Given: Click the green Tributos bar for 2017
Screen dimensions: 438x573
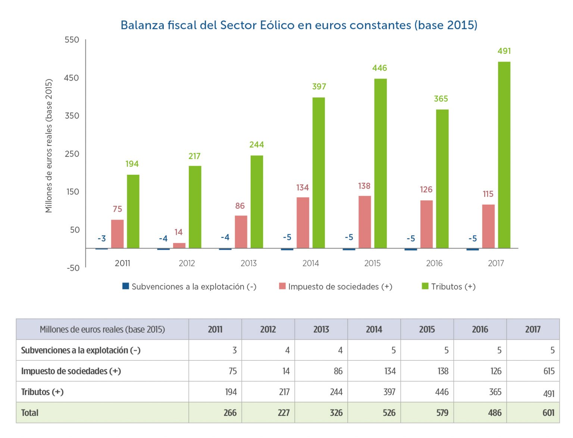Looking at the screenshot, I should [x=504, y=155].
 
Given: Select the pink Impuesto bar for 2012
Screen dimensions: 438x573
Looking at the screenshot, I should [x=179, y=245].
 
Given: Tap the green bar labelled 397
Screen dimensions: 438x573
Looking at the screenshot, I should [x=319, y=173].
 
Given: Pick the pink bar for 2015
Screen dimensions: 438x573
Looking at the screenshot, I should [x=364, y=222].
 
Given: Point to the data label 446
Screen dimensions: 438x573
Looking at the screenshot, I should [x=379, y=68].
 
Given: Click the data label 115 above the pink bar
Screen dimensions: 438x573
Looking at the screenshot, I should [x=488, y=194].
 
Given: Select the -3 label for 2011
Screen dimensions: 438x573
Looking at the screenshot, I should [x=101, y=239].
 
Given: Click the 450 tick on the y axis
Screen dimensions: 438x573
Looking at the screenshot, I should [x=72, y=78].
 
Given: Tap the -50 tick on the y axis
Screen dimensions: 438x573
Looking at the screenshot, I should [x=73, y=268].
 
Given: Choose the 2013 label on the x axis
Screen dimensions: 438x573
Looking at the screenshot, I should [x=248, y=264].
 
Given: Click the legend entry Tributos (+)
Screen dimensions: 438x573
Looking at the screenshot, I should [x=448, y=287].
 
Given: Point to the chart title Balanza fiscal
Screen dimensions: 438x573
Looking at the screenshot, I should [x=299, y=25].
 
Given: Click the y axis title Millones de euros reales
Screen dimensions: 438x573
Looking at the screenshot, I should [x=49, y=146].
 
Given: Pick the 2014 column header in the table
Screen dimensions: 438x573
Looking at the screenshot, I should [x=374, y=329].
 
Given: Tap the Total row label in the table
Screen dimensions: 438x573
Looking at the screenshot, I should [x=30, y=413].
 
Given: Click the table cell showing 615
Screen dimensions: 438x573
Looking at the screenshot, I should [x=549, y=371].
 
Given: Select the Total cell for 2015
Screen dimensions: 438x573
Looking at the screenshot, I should [x=442, y=413].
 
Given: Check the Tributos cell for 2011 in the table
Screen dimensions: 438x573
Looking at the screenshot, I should [x=231, y=392].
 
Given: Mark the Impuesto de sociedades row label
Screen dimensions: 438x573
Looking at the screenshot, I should [x=71, y=371].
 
